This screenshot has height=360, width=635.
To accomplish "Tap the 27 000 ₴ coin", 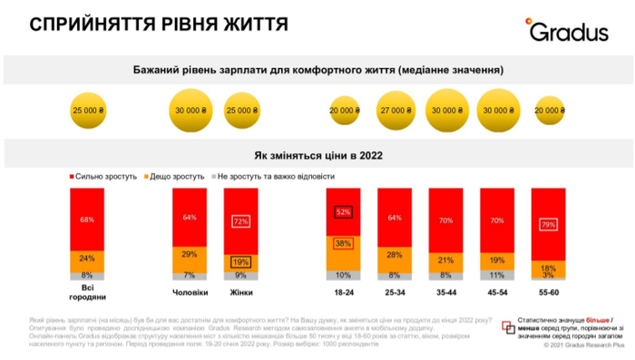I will point(396,111).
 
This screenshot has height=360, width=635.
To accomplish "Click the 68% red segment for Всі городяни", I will point(86,219).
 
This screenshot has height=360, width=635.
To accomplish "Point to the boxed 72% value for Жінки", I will point(240,221).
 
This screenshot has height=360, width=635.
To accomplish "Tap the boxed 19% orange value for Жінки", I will point(240,263).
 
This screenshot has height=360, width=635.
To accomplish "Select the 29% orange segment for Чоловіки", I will point(190,255).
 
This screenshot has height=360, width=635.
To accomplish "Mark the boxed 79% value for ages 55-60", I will point(547,225).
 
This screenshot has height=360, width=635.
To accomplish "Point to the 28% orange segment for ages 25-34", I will point(396,256).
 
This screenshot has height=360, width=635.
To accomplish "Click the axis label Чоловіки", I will point(190,293).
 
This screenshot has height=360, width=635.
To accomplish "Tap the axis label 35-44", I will point(446,293).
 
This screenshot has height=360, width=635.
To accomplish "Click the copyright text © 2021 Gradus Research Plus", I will point(583,345).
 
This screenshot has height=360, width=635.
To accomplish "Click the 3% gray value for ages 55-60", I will point(547,277).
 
